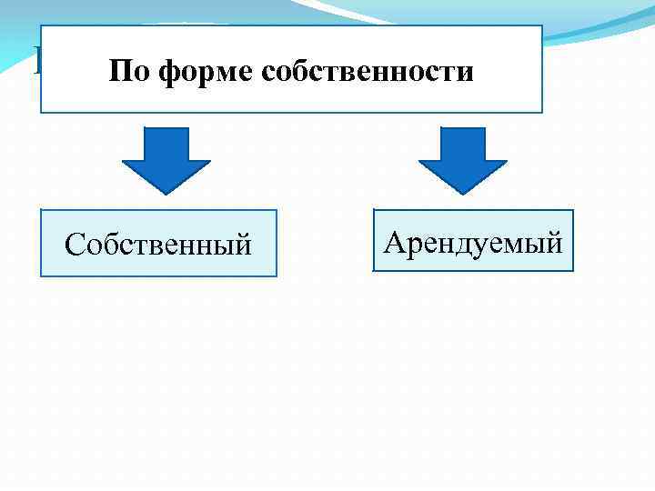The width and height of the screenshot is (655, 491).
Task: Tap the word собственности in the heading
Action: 368,71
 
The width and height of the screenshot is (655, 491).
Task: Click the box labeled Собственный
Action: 159,244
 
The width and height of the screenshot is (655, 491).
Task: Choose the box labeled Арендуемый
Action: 474,241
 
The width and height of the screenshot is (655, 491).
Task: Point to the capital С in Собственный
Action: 75,245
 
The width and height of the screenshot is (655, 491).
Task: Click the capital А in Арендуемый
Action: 394,242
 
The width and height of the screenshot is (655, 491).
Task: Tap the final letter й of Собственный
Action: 243,245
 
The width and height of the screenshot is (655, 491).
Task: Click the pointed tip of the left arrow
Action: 166,191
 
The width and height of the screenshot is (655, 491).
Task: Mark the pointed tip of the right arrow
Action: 463,191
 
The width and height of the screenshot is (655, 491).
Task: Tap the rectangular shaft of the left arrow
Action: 166,144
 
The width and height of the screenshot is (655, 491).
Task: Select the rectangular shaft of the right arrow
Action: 463,144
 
